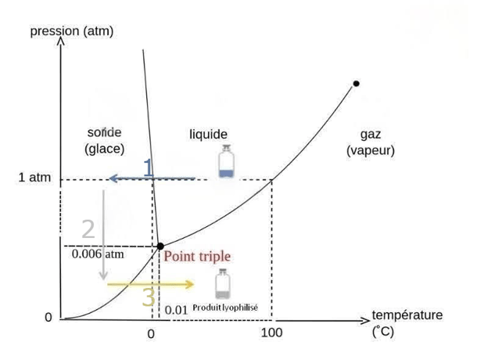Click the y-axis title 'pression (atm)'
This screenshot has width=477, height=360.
pyautogui.click(x=70, y=31)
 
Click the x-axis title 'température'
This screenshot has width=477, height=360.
pyautogui.click(x=407, y=315)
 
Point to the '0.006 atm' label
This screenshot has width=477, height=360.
pyautogui.click(x=98, y=254)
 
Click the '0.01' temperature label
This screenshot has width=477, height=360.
pyautogui.click(x=177, y=310)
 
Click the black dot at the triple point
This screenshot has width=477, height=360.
pyautogui.click(x=160, y=246)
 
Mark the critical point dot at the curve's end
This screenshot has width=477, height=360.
pyautogui.click(x=356, y=83)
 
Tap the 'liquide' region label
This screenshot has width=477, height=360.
pyautogui.click(x=208, y=135)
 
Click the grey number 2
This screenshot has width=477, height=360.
pyautogui.click(x=88, y=229)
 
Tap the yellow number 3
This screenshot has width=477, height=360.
pyautogui.click(x=149, y=297)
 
